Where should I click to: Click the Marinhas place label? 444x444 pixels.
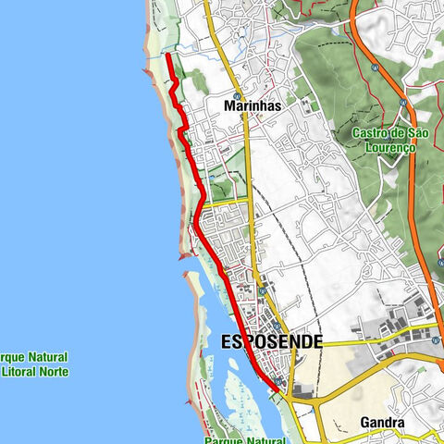(253, 106)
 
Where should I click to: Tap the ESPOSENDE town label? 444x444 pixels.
(271, 341)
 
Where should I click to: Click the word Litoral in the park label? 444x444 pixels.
(18, 372)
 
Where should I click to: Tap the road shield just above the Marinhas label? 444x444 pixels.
(237, 95)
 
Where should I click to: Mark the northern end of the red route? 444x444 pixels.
(166, 55)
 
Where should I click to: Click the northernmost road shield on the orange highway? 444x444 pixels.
(374, 68)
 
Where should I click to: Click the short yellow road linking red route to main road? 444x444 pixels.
(227, 198)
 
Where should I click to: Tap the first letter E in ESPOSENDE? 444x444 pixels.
(227, 341)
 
